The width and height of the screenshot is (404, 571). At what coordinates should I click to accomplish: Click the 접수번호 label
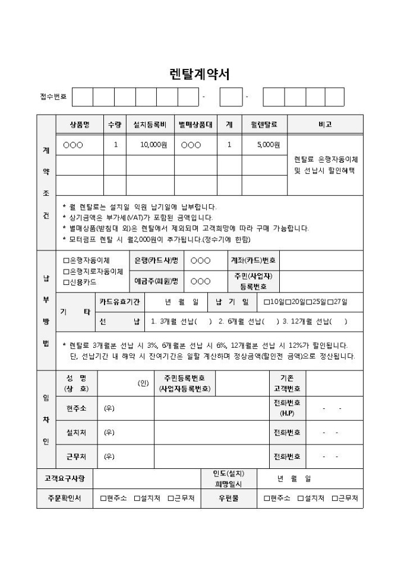click(53, 96)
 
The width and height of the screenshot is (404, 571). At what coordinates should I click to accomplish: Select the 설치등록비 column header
click(150, 125)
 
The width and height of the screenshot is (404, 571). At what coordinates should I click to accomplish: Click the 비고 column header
click(324, 125)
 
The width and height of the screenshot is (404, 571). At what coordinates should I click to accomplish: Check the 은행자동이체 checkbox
click(66, 261)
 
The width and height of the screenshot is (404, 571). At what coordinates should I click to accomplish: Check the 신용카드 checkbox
click(66, 282)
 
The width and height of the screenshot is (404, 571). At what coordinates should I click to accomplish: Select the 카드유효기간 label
click(120, 302)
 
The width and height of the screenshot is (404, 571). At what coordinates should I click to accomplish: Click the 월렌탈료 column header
click(264, 125)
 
